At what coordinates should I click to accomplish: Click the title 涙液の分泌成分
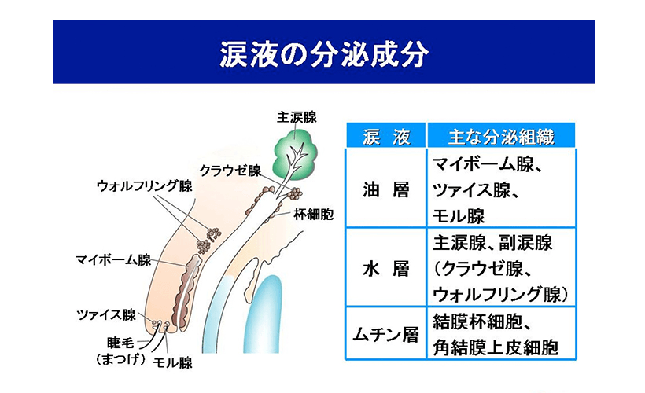pyautogui.click(x=324, y=54)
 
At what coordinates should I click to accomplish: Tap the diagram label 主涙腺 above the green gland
pyautogui.click(x=297, y=117)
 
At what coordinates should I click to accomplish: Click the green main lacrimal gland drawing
pyautogui.click(x=295, y=154)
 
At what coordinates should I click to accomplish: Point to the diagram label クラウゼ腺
pyautogui.click(x=230, y=171)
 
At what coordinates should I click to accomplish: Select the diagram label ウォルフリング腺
pyautogui.click(x=145, y=185)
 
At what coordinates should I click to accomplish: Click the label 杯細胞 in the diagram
pyautogui.click(x=313, y=214)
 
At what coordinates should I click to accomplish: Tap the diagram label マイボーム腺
pyautogui.click(x=113, y=260)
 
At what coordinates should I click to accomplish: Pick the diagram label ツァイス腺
pyautogui.click(x=106, y=315)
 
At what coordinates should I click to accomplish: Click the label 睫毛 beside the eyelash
pyautogui.click(x=120, y=343)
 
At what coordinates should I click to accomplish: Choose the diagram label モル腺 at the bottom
pyautogui.click(x=172, y=362)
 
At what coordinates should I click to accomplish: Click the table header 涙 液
pyautogui.click(x=386, y=137)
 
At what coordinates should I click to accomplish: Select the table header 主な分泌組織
pyautogui.click(x=501, y=137)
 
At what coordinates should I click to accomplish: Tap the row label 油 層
pyautogui.click(x=386, y=190)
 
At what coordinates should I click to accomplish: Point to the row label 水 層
pyautogui.click(x=386, y=269)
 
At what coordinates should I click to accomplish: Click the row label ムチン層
pyautogui.click(x=385, y=334)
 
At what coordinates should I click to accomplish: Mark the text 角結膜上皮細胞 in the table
pyautogui.click(x=496, y=347)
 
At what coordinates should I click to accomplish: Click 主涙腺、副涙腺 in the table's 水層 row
pyautogui.click(x=492, y=243)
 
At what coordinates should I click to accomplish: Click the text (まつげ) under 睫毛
pyautogui.click(x=120, y=359)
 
